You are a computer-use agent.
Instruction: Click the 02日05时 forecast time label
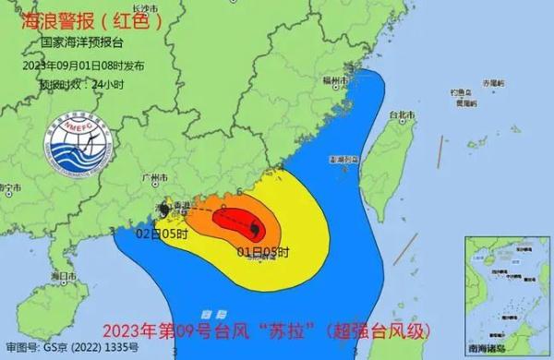(162, 234)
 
